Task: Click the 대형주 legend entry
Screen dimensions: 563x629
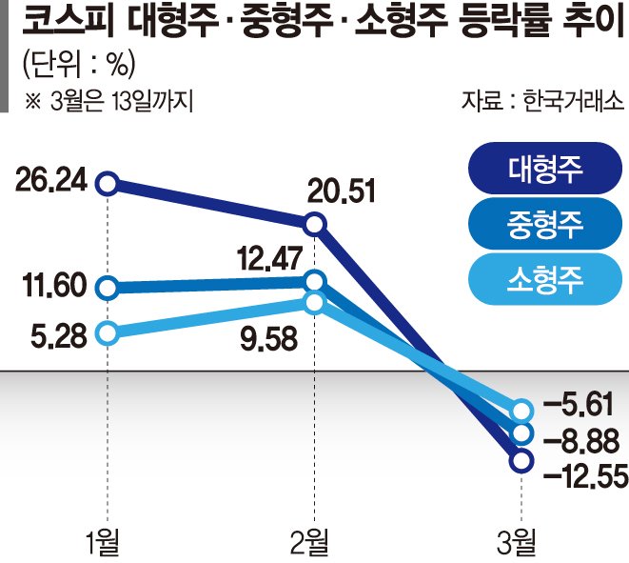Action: pyautogui.click(x=540, y=171)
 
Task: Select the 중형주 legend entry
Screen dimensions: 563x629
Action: pyautogui.click(x=540, y=224)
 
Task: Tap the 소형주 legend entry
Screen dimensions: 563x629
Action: pyautogui.click(x=540, y=278)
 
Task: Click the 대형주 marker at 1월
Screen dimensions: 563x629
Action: pyautogui.click(x=108, y=182)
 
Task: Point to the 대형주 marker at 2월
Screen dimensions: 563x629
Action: pyautogui.click(x=315, y=225)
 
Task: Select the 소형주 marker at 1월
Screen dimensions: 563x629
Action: pyautogui.click(x=108, y=332)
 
